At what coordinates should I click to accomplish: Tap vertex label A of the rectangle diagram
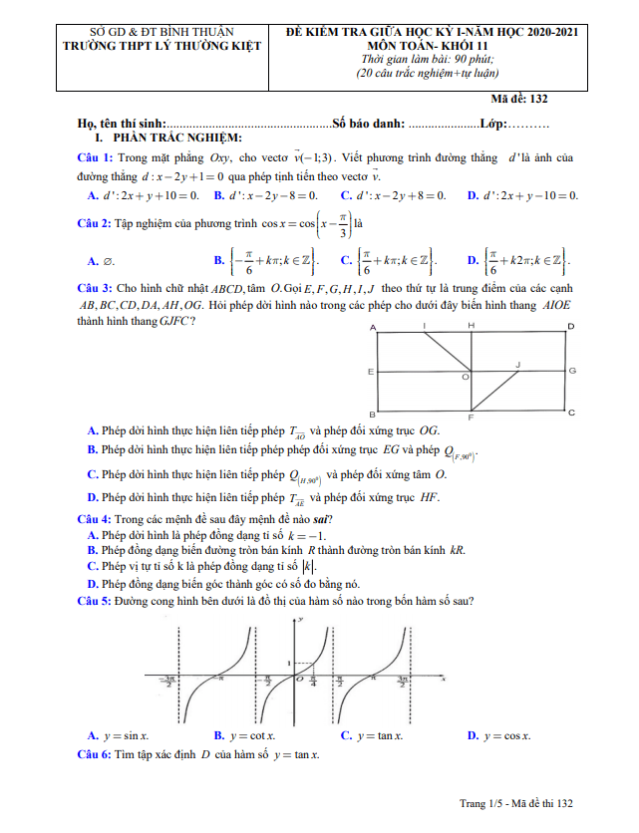click(373, 328)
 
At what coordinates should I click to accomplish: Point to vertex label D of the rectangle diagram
click(570, 327)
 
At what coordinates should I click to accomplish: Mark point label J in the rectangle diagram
click(517, 365)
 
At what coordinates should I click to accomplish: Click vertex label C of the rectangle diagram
click(571, 412)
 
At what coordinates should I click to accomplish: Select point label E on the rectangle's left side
click(371, 372)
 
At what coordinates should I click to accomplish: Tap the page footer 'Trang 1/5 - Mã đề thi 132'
click(515, 803)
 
